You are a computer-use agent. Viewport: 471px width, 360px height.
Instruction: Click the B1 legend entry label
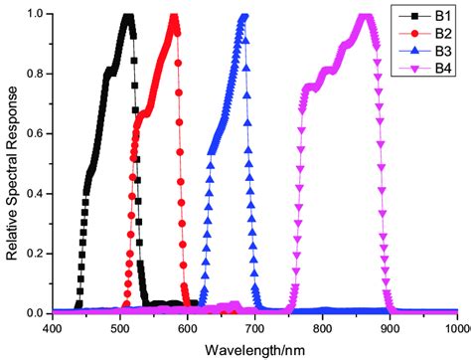(437, 18)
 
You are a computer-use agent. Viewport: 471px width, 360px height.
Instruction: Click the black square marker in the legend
(410, 18)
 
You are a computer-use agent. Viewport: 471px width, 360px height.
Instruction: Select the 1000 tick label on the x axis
(455, 327)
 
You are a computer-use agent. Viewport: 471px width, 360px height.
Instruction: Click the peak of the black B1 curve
(126, 16)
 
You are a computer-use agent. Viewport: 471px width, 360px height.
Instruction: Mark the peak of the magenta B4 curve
(365, 16)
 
